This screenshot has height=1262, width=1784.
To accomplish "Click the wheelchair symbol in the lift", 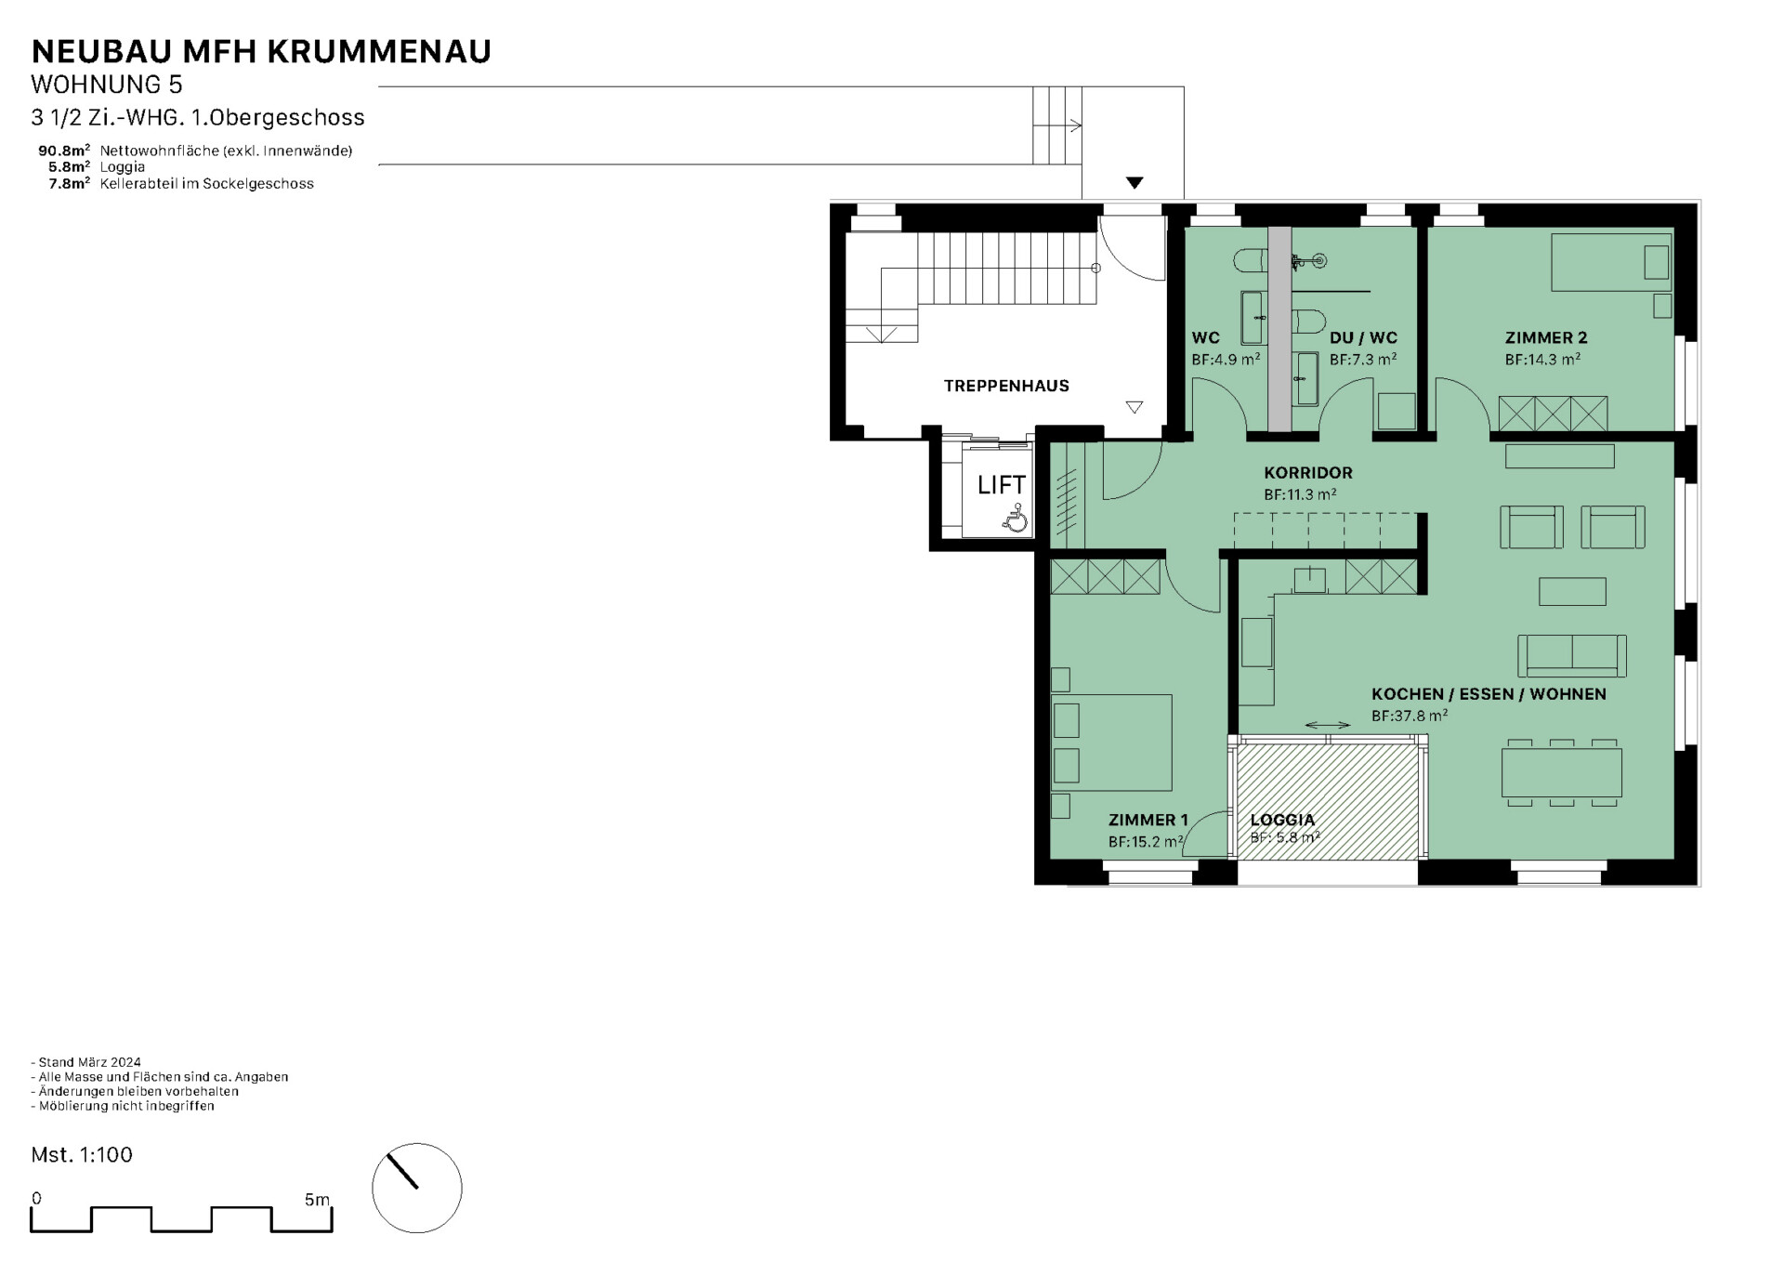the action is point(1015,518).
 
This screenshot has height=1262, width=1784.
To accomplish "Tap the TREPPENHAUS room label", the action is point(1006,386).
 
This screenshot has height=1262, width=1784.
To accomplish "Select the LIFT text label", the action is point(1002,485).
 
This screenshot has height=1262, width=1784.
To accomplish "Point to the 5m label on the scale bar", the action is point(317,1200).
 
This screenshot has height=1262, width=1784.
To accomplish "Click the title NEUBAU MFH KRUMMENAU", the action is point(261,51).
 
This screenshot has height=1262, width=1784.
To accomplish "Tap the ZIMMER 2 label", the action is point(1546,337).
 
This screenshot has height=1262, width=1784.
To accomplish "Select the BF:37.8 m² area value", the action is point(1410,716).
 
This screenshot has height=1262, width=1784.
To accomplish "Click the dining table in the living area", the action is point(1561,772).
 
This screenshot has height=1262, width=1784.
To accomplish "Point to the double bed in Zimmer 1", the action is point(1111,743).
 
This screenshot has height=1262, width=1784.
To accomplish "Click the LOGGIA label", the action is point(1282,820).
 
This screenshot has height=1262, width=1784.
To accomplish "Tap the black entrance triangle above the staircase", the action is point(1135,183).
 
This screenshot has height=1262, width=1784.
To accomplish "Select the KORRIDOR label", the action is point(1308,472).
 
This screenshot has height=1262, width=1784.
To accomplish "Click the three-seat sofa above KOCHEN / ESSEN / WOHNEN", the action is point(1572,656).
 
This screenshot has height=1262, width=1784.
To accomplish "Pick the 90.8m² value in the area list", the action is point(64,150).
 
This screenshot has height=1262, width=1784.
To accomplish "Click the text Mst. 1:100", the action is point(82,1154).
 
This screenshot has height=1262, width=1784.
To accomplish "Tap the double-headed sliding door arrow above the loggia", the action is point(1328,725).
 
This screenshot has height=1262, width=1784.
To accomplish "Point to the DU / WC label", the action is point(1363,337).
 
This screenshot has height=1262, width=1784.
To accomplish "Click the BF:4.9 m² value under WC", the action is point(1226,359).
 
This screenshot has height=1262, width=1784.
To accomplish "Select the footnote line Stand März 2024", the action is point(86,1062).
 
